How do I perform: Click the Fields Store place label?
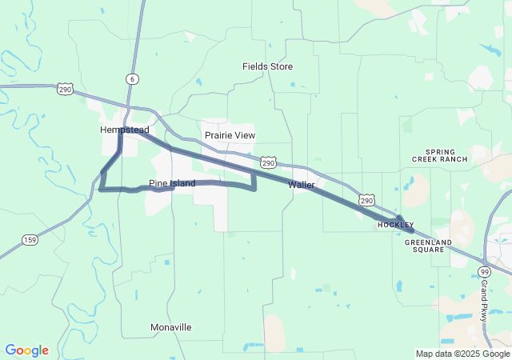point(268,66)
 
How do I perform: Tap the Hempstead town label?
point(125,130)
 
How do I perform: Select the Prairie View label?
point(230,135)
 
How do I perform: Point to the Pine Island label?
point(172,184)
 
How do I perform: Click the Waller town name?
point(302,185)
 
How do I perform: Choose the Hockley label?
point(396,226)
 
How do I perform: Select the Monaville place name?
point(171,327)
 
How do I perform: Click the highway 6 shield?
point(131,78)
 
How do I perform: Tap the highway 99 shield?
point(485,272)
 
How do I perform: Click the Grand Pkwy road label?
point(485,300)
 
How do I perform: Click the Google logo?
point(26,350)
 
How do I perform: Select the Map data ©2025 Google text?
point(462,354)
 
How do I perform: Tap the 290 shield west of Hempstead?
point(66,90)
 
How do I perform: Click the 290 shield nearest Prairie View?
point(270,162)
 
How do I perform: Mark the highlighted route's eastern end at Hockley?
point(412,230)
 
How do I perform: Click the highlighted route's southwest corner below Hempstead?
point(101,189)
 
